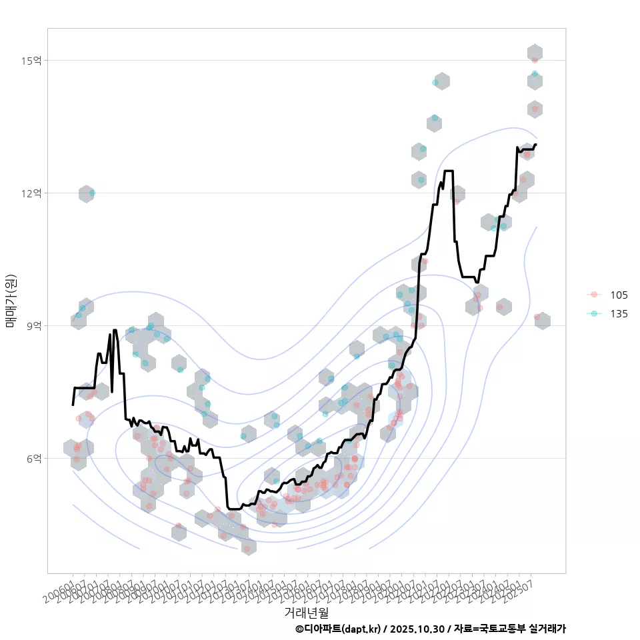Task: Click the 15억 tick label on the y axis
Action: tap(31, 61)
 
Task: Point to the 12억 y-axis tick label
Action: tap(31, 193)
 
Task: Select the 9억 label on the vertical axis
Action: tap(34, 325)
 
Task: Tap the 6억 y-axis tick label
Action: tap(34, 458)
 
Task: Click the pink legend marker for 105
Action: tap(595, 295)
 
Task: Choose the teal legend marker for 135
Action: tap(595, 313)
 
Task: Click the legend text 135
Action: tap(619, 313)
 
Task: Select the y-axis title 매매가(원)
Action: tap(11, 300)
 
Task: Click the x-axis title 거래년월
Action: tap(306, 611)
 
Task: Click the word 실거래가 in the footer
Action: tap(547, 629)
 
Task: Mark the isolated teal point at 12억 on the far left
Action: tap(92, 193)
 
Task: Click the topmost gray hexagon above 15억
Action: tap(535, 53)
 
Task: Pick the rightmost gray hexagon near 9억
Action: tap(543, 321)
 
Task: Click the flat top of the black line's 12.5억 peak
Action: tap(449, 171)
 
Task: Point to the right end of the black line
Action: tap(536, 144)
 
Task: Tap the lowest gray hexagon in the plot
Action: tap(249, 547)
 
